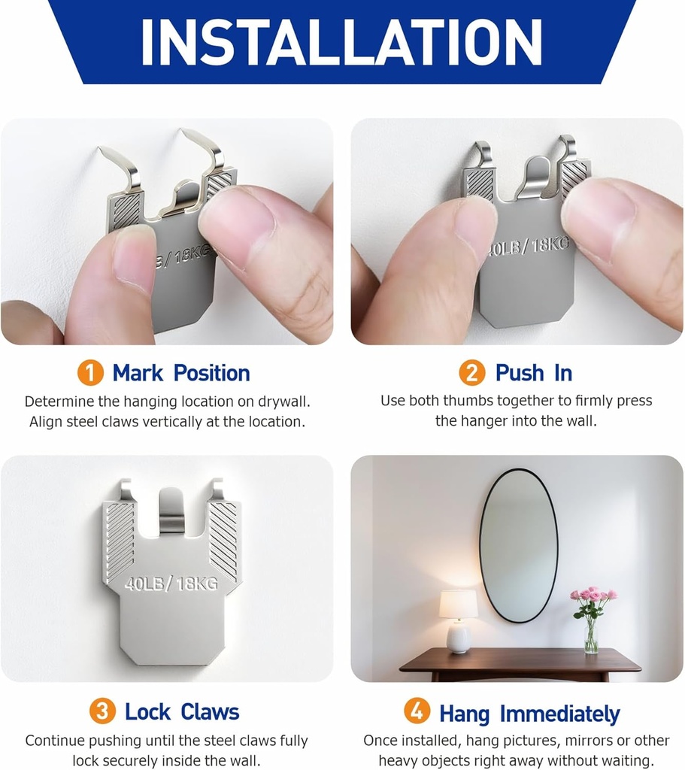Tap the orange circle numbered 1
tap(90, 373)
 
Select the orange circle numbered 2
tap(472, 373)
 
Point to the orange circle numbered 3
tap(102, 711)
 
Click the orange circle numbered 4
tap(417, 711)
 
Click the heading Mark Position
tap(181, 373)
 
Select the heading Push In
tap(533, 373)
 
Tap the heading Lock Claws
tap(181, 711)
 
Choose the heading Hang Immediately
tap(529, 713)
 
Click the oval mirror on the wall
tap(519, 544)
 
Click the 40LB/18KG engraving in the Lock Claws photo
tap(171, 583)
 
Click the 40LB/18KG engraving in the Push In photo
tap(526, 246)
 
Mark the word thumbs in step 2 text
tap(467, 401)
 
